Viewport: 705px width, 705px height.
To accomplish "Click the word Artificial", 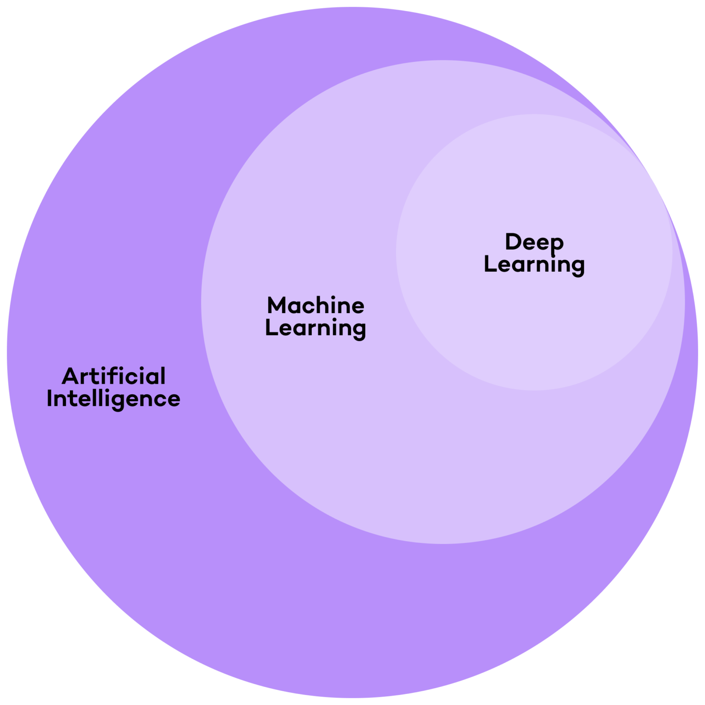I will [x=113, y=376].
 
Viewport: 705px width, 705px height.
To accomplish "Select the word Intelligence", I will [x=113, y=398].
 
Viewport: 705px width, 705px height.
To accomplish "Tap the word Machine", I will [x=316, y=306].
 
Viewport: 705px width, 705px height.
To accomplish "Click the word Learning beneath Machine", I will [x=316, y=328].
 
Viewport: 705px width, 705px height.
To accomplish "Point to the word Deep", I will [x=534, y=242].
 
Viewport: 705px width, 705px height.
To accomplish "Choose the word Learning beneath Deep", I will [x=534, y=265].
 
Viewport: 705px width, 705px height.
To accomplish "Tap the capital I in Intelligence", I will [x=49, y=398].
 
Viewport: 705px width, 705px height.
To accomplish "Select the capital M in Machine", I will [x=277, y=306].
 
